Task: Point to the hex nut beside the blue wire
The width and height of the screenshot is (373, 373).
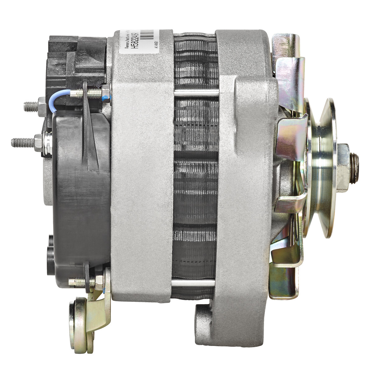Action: click(x=106, y=92)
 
